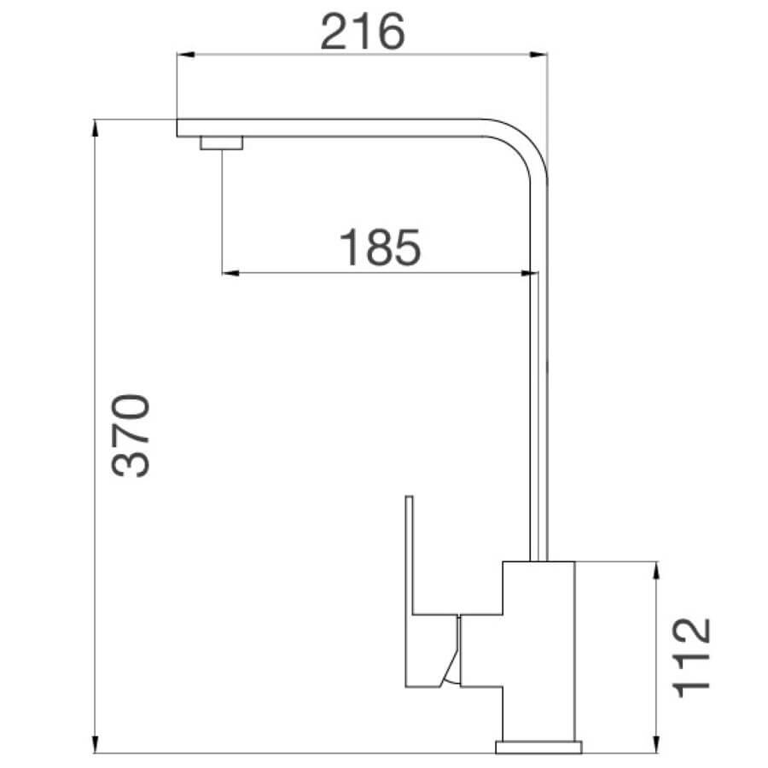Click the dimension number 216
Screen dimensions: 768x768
click(x=361, y=32)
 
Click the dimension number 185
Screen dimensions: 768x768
click(x=381, y=247)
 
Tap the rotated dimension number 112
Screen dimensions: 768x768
click(x=692, y=657)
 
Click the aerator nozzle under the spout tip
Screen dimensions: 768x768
click(x=222, y=143)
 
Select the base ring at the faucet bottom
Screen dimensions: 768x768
click(x=540, y=748)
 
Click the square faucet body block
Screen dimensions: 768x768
click(x=539, y=649)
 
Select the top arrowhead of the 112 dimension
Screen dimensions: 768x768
click(x=655, y=569)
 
